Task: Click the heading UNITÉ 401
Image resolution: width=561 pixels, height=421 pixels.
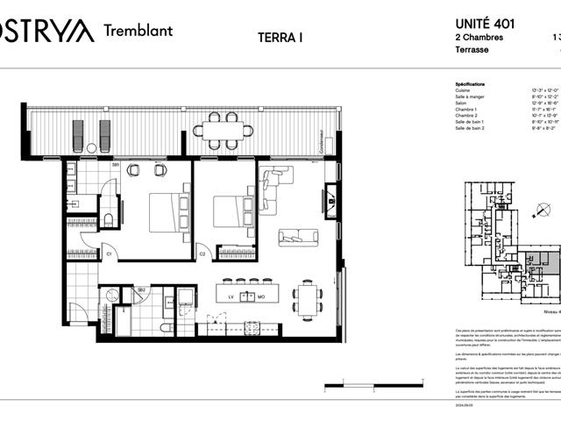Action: point(486,25)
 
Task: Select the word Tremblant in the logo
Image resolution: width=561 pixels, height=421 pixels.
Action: point(138,30)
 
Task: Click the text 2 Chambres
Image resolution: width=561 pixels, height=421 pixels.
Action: point(479,38)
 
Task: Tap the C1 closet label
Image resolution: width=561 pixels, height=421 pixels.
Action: point(110,254)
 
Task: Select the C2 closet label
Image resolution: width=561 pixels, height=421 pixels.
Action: point(202,254)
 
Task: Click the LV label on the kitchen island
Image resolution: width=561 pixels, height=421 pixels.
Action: point(232,296)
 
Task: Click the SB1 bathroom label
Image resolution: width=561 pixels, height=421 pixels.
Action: point(115,165)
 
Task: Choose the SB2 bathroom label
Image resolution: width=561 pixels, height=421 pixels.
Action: point(140,289)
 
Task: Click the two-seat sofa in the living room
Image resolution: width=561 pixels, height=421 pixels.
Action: point(299,237)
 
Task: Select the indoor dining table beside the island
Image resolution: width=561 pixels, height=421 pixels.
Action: point(306,299)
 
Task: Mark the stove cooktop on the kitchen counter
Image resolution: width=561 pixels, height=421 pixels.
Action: point(252,329)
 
